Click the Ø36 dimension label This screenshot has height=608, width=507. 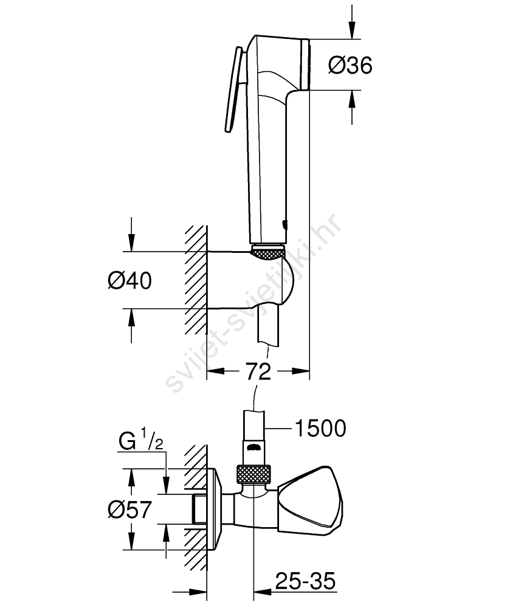pos(350,65)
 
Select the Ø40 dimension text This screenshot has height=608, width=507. pos(129,280)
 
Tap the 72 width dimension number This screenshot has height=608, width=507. pos(258,372)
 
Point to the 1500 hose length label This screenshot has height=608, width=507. pos(320,428)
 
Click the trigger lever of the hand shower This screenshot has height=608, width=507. pos(233,89)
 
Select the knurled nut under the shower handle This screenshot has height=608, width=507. pos(268,251)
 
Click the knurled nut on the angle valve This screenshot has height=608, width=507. pos(252,474)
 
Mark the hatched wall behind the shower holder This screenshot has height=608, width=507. pos(196,280)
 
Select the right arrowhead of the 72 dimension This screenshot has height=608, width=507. pos(300,371)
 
